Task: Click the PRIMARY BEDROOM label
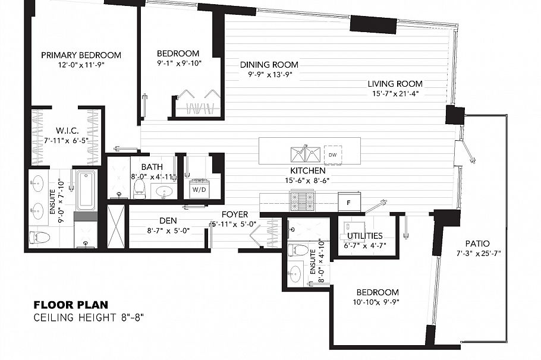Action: pyautogui.click(x=81, y=55)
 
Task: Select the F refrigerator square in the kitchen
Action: pyautogui.click(x=348, y=202)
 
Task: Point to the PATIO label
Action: pyautogui.click(x=477, y=244)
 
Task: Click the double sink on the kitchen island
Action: pyautogui.click(x=305, y=154)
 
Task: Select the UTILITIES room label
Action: pyautogui.click(x=363, y=236)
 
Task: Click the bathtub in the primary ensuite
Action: pyautogui.click(x=86, y=190)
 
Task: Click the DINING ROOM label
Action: pyautogui.click(x=269, y=65)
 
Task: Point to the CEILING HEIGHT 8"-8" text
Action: pyautogui.click(x=89, y=317)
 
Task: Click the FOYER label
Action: pyautogui.click(x=235, y=214)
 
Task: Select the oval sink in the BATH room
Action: pyautogui.click(x=163, y=191)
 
